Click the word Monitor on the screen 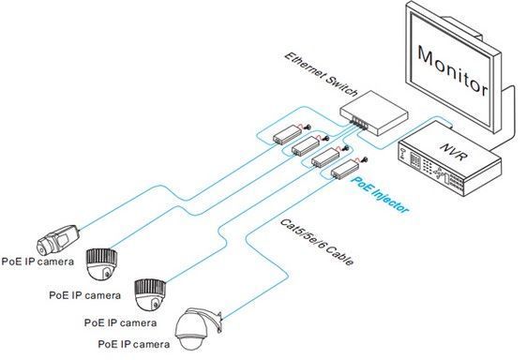452,70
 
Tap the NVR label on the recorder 453,152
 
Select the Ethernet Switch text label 321,74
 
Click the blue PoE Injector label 380,195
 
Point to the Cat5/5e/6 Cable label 317,243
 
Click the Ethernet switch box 374,112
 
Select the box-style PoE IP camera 58,239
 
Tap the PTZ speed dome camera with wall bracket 198,329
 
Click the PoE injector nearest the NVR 345,169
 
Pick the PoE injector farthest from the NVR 287,134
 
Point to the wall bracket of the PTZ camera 218,322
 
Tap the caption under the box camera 38,262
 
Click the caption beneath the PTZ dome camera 134,344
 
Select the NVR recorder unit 450,159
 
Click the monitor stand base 501,117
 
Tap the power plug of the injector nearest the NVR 365,160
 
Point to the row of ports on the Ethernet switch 357,123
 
